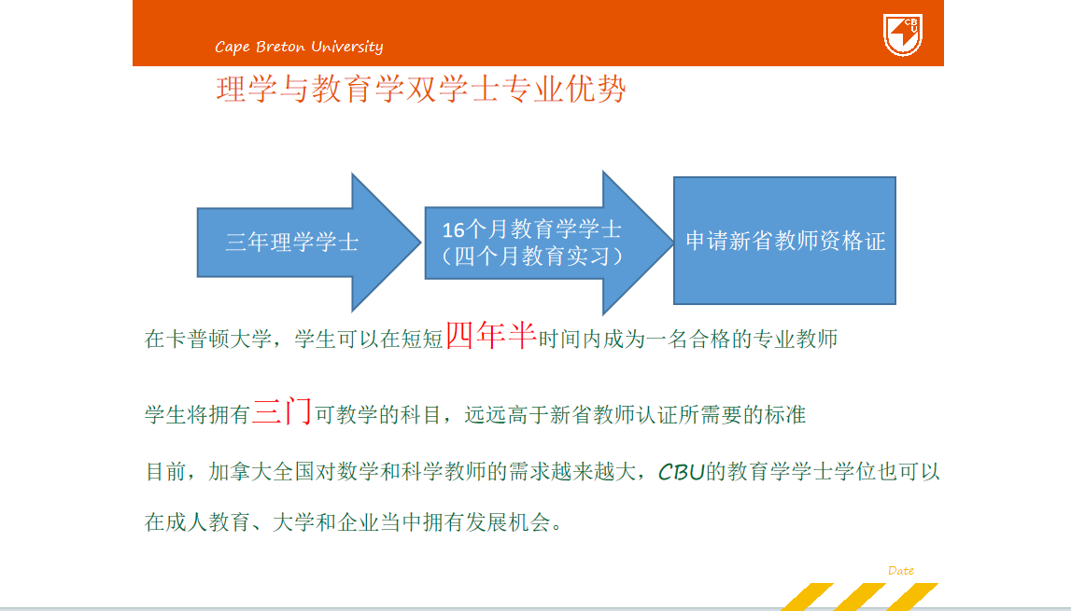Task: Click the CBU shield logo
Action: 902,35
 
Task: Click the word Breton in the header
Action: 280,47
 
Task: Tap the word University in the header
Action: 347,47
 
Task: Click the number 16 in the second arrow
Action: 454,229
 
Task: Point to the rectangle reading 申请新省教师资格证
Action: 784,241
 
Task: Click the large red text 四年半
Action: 491,335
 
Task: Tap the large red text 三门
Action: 282,411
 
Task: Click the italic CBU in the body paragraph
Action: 681,472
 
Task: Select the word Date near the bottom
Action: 901,571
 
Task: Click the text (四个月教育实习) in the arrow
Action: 532,256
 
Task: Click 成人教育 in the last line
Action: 208,522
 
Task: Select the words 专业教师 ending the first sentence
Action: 795,339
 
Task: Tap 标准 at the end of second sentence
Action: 785,414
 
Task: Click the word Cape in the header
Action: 233,47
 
